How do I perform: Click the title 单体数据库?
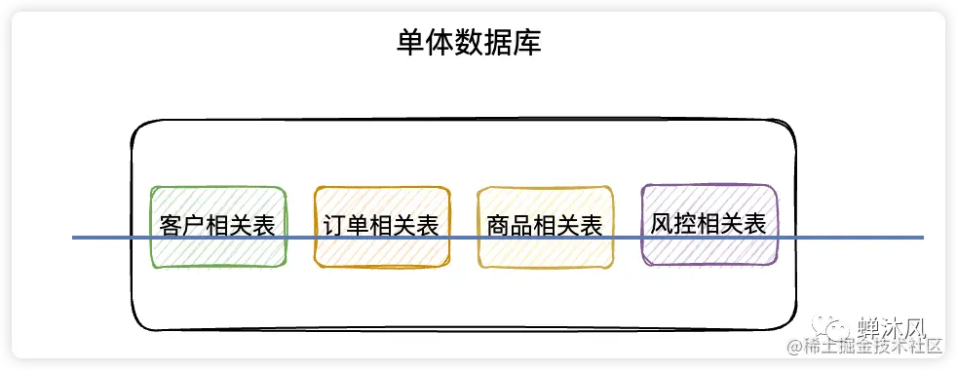click(468, 44)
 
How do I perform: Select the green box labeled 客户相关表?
click(218, 226)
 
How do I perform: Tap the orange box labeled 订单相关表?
click(382, 226)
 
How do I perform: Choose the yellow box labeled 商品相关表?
click(545, 226)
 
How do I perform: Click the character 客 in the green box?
click(170, 226)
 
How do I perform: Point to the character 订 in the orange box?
click(333, 226)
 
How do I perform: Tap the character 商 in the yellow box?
click(497, 226)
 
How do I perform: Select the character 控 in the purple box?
click(684, 223)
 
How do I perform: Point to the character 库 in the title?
click(527, 44)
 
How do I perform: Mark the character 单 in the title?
click(409, 44)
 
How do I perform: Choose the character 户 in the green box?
click(194, 226)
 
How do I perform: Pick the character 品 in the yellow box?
click(520, 226)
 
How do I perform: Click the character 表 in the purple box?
click(755, 223)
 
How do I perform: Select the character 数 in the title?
click(468, 44)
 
